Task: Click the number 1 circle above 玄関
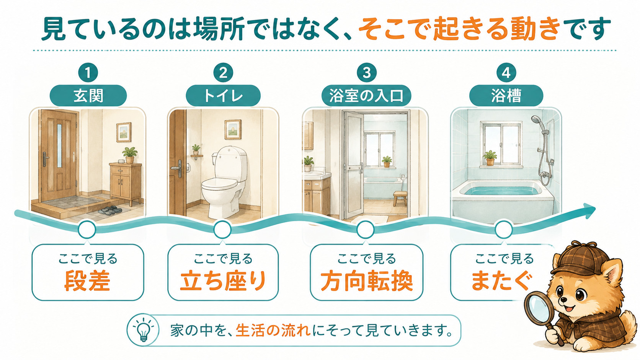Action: [x=88, y=73]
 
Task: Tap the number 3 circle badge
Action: [x=367, y=73]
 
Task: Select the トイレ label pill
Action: [x=223, y=96]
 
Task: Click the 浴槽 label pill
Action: [x=506, y=96]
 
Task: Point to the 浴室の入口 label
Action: [x=367, y=96]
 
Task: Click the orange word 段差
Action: [x=87, y=280]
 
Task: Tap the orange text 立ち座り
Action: [x=223, y=280]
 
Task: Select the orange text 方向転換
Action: [x=367, y=280]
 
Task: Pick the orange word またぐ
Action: [x=502, y=280]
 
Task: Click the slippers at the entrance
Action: [x=110, y=210]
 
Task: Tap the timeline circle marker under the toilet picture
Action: [x=222, y=230]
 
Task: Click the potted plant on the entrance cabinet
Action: [x=130, y=155]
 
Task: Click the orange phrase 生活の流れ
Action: [x=273, y=331]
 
